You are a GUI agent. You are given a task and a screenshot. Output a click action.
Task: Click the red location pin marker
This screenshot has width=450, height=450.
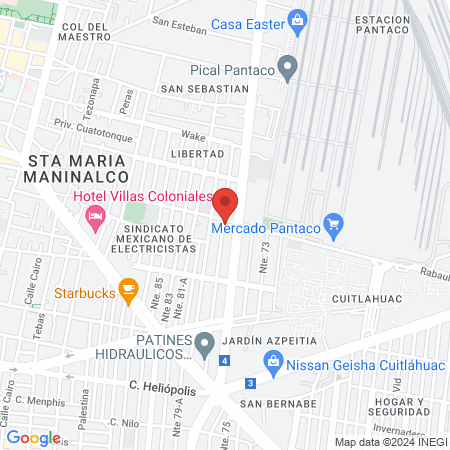click(x=226, y=202)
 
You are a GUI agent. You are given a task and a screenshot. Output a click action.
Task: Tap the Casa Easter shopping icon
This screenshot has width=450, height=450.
click(x=296, y=20)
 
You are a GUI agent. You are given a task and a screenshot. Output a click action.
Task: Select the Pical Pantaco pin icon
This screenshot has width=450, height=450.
click(x=288, y=70)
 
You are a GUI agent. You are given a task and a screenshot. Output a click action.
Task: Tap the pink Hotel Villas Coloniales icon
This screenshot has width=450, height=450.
click(x=96, y=217)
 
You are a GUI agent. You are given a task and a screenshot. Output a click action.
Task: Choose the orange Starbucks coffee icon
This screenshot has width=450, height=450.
click(x=127, y=290)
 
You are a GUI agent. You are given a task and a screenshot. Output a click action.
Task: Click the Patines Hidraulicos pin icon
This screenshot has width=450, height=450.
click(x=204, y=345)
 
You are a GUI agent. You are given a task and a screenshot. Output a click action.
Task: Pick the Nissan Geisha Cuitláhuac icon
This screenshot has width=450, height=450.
click(x=271, y=362)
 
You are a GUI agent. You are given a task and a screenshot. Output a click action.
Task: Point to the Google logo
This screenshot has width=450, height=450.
click(x=33, y=437)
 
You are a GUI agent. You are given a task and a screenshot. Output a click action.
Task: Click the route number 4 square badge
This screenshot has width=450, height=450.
click(x=226, y=360)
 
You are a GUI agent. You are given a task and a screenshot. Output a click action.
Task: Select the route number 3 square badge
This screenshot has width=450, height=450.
click(x=249, y=382)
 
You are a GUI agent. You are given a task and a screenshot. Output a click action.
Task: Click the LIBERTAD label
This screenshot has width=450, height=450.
click(x=198, y=153)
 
